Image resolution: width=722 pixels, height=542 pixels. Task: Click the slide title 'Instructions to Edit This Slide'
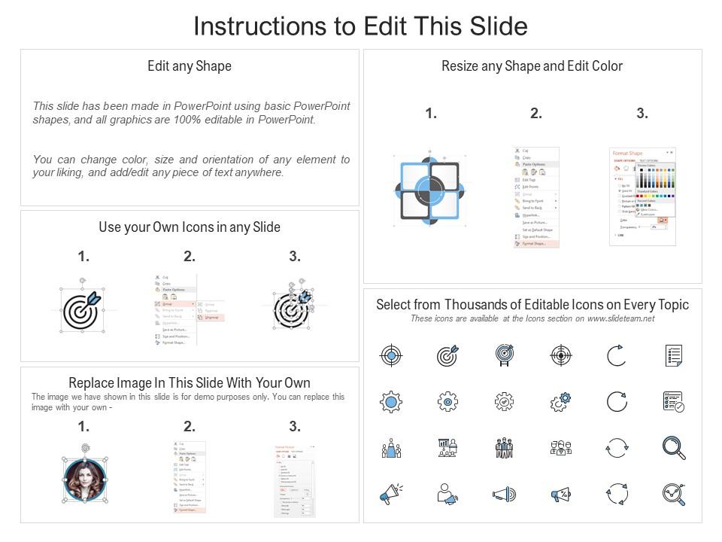click(360, 26)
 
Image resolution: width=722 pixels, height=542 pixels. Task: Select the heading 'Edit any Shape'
click(190, 66)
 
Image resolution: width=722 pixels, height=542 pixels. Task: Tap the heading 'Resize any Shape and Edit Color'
click(532, 66)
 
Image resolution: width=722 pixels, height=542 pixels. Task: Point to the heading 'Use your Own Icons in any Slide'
click(190, 227)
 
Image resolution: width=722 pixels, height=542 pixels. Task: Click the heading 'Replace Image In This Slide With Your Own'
click(190, 382)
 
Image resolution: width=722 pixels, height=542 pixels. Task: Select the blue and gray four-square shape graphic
click(427, 188)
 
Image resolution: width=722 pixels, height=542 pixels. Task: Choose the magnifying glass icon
click(673, 447)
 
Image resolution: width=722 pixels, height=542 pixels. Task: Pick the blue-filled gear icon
click(391, 402)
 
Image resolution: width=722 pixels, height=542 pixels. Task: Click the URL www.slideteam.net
click(620, 318)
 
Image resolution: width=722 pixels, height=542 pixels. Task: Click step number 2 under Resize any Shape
click(536, 114)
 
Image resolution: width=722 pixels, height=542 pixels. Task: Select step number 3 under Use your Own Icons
click(295, 257)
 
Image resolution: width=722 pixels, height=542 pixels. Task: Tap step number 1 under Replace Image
click(83, 427)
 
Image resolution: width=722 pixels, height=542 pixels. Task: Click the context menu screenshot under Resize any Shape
click(536, 197)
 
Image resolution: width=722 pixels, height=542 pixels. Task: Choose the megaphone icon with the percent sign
click(560, 495)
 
